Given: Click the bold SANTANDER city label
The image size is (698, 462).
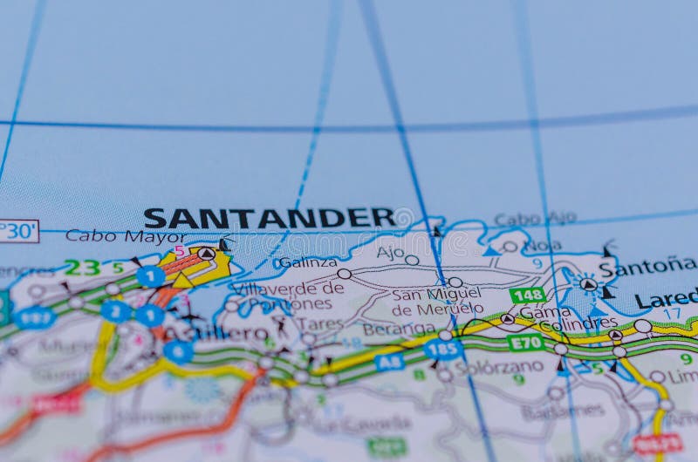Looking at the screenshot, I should [x=269, y=218].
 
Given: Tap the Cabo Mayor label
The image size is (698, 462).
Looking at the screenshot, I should [x=125, y=236].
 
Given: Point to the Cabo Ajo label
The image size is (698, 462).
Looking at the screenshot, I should [x=535, y=219].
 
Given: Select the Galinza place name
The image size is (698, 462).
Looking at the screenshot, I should [x=307, y=262].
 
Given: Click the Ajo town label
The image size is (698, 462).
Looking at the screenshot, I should [x=390, y=253].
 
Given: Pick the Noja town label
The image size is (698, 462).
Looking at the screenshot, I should [x=542, y=247].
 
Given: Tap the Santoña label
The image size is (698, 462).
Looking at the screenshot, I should [x=647, y=267].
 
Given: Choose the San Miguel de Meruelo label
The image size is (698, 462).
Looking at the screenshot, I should [x=437, y=301].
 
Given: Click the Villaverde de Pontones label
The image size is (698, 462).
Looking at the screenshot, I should [x=288, y=296].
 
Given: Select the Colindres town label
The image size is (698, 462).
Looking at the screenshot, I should [x=578, y=323].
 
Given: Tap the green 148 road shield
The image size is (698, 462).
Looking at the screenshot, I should [x=527, y=295].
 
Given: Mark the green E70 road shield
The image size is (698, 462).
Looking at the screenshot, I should [x=525, y=343].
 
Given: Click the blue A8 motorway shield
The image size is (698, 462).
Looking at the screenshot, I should [x=390, y=361].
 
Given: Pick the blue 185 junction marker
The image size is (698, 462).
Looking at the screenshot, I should [x=442, y=349].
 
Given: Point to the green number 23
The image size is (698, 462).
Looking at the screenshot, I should [x=81, y=268].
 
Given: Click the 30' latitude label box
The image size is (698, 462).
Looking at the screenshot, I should [x=18, y=231].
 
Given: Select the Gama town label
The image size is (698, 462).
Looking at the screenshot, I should [x=538, y=311].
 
